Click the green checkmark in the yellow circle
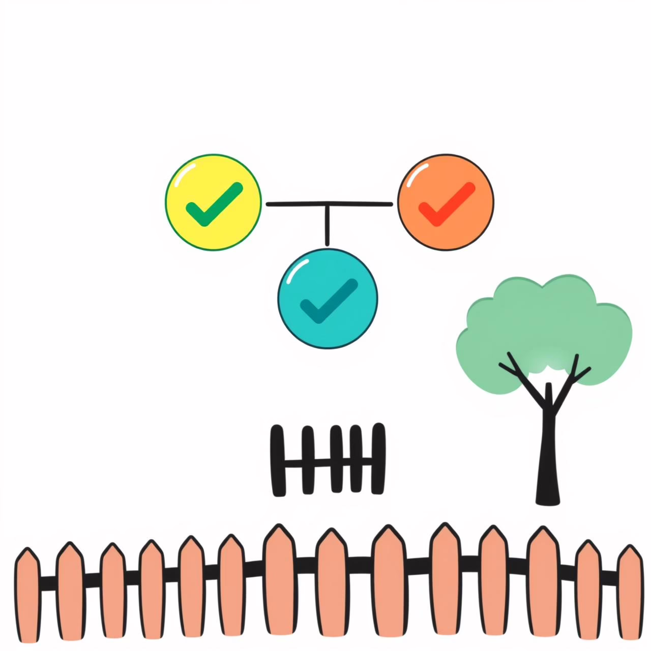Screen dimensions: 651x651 pos(214,203)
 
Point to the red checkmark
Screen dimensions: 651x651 pos(446,204)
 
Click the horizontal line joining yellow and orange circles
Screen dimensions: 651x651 pos(295,204)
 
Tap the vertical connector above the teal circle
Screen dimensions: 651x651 pos(328,226)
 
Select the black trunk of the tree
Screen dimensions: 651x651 pos(548,458)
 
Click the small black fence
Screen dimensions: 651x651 pos(328,460)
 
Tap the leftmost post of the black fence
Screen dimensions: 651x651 pos(278,460)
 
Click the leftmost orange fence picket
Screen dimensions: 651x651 pos(27,595)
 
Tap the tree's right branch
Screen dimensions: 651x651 pos(575,374)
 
